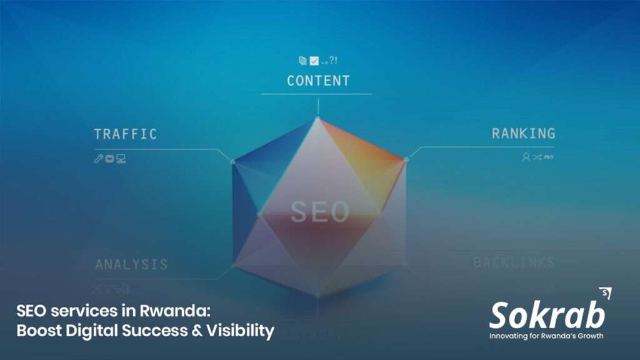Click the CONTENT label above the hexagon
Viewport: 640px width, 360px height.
(x=318, y=81)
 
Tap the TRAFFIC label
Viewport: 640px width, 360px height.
(x=125, y=134)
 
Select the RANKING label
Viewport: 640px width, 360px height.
(x=523, y=133)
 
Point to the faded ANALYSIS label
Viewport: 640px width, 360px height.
(x=131, y=264)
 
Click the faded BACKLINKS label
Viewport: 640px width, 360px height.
(x=514, y=262)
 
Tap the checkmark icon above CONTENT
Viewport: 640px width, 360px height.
(x=314, y=61)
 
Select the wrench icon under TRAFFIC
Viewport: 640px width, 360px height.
(x=98, y=159)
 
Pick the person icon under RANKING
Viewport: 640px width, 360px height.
(x=526, y=157)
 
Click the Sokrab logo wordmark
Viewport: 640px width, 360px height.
(x=546, y=316)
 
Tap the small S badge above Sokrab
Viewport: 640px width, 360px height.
(x=604, y=293)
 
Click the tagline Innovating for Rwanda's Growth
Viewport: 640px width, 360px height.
(x=546, y=336)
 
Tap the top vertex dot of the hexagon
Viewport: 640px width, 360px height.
(x=317, y=118)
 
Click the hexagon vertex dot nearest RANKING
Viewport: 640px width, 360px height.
(x=406, y=159)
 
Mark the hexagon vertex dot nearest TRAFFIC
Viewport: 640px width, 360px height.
(x=232, y=161)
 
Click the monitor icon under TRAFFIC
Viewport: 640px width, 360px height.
(x=121, y=159)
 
